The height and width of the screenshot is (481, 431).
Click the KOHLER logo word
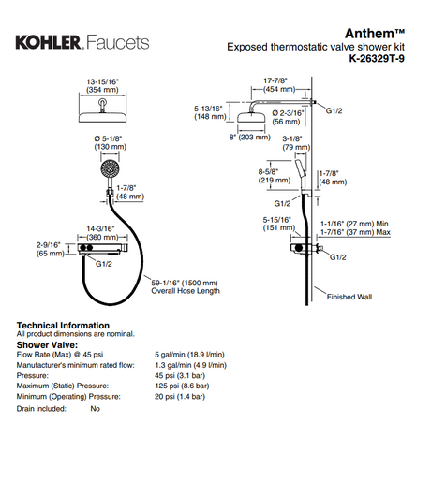click(x=50, y=42)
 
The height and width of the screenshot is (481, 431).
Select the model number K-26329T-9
click(x=377, y=58)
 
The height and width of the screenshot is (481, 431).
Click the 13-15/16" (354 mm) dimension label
click(x=102, y=86)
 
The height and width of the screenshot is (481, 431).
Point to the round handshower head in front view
click(x=110, y=168)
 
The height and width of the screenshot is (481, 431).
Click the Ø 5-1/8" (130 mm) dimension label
click(x=110, y=142)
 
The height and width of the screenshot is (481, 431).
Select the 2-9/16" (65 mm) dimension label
click(x=50, y=249)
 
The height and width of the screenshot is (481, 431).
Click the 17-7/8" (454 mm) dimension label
click(x=279, y=85)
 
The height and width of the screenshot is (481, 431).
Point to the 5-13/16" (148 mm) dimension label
click(x=210, y=112)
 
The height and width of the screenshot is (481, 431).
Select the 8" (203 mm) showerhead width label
click(x=249, y=138)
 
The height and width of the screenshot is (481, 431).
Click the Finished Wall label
click(x=349, y=297)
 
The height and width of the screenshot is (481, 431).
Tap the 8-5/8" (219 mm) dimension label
click(x=275, y=176)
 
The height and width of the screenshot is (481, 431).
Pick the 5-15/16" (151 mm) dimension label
click(x=278, y=224)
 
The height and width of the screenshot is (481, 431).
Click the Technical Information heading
click(x=63, y=326)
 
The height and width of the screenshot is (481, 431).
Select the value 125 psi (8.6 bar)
click(x=182, y=386)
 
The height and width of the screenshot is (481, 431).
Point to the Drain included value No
click(x=95, y=408)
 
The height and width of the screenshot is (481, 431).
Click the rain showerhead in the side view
click(x=251, y=116)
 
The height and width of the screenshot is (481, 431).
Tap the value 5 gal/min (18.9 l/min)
click(x=189, y=355)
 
